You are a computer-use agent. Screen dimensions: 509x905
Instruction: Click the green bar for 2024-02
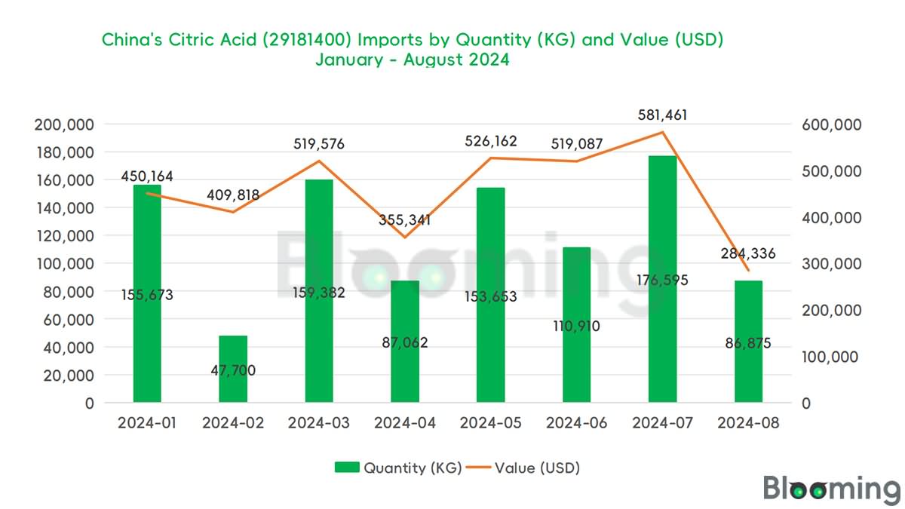(233, 369)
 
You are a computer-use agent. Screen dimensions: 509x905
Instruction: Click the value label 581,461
(662, 116)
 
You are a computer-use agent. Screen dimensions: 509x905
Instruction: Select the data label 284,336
(747, 253)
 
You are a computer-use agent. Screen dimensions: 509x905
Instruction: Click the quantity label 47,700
(234, 370)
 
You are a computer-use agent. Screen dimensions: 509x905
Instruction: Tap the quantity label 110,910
(576, 328)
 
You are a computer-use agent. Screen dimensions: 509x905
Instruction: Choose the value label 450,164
(147, 177)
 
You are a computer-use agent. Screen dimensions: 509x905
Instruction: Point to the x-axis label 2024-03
(319, 424)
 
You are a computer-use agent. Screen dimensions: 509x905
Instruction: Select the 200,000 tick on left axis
(64, 124)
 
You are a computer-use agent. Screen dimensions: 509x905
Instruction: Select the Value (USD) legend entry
(523, 468)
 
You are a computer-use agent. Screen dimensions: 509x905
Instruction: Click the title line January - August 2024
(413, 60)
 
